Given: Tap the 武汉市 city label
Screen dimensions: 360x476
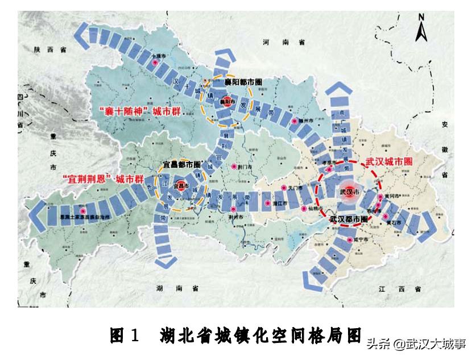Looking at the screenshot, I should (x=349, y=192).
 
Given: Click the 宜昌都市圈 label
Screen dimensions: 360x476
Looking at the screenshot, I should (x=181, y=164).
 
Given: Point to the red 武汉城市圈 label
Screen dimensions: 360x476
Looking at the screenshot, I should (x=389, y=162).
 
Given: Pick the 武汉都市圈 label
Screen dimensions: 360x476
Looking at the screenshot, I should (x=348, y=219).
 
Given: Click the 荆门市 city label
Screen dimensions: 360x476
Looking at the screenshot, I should (x=245, y=167).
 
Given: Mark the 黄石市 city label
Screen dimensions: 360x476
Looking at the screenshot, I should (x=394, y=223).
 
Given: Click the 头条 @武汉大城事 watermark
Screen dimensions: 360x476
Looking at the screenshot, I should (x=415, y=344).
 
